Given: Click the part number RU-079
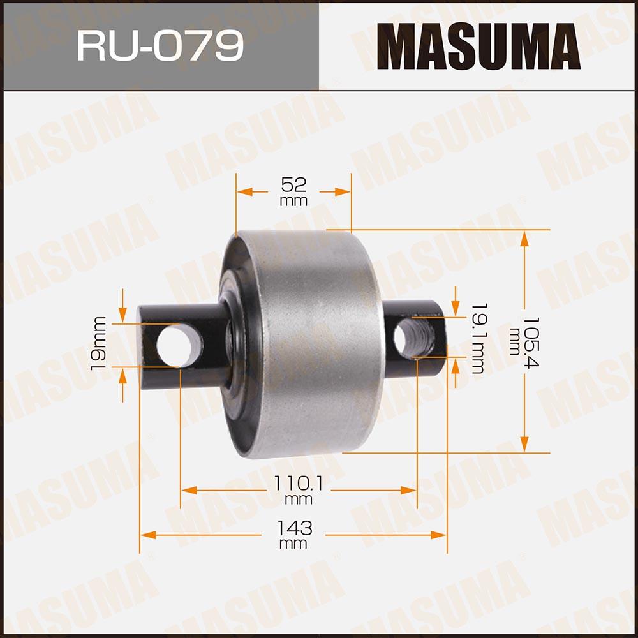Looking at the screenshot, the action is (160, 45).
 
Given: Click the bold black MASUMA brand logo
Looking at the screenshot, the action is (478, 46).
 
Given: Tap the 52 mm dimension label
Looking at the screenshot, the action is (293, 191).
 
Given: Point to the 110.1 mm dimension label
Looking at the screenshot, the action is (298, 489).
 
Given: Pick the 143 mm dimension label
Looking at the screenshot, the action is (293, 534).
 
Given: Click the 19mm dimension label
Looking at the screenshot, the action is (98, 344).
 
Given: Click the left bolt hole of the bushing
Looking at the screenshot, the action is (179, 346).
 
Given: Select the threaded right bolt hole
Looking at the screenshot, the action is (414, 338).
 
